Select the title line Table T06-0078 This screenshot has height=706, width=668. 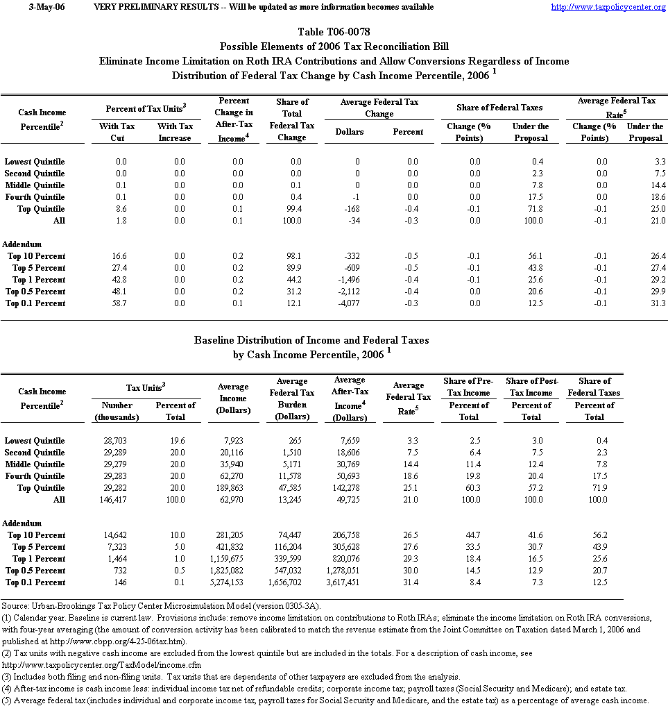click(334, 33)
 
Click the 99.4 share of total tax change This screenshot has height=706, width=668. click(291, 209)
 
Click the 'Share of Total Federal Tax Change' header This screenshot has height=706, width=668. click(292, 119)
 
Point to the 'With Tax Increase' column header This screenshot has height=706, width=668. click(175, 132)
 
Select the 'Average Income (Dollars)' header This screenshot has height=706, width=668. click(233, 398)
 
